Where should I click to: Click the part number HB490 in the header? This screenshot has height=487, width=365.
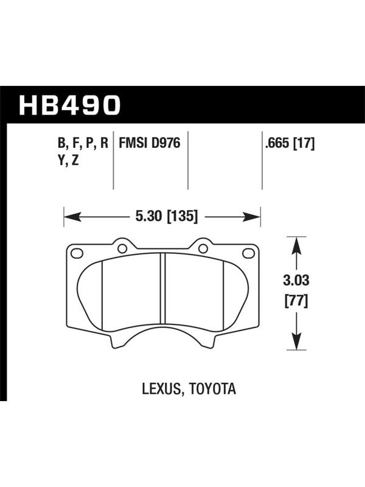[69, 105]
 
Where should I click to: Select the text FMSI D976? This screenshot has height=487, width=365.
[150, 143]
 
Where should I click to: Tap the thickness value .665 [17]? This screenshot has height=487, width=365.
[290, 144]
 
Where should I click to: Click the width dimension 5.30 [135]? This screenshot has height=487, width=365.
[166, 216]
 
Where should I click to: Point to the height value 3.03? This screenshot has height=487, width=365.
[296, 280]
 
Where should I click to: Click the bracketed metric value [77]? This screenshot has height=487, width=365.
[296, 301]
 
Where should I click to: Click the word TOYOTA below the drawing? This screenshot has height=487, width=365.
[212, 389]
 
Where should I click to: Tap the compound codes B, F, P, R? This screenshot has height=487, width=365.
[83, 144]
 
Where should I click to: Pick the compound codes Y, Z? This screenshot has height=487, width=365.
[68, 161]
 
